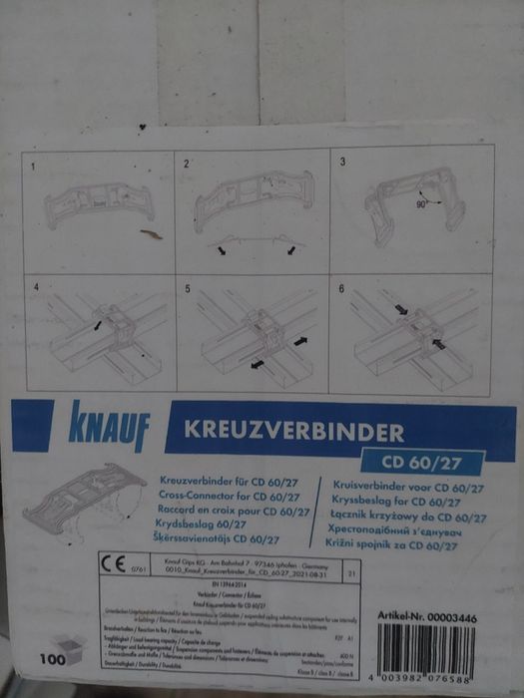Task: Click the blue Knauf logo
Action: pos(109,426)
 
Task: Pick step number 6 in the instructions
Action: pos(342,288)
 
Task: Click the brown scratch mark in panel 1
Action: pos(151,234)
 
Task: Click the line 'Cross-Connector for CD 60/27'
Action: pos(231,496)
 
